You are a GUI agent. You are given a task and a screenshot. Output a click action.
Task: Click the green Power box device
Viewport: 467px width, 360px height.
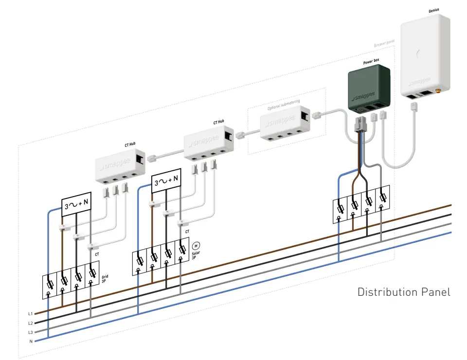[x=369, y=88]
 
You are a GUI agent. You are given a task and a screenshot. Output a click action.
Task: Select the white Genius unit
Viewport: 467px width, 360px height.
[x=425, y=54]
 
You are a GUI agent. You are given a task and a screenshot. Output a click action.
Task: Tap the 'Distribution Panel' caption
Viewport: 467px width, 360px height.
[x=404, y=292]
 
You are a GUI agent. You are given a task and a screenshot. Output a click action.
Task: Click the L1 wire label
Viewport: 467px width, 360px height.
[x=30, y=314]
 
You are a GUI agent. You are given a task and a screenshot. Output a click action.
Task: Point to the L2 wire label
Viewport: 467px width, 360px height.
[x=30, y=323]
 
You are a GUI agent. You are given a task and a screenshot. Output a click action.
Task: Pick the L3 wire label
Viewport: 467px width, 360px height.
[x=30, y=332]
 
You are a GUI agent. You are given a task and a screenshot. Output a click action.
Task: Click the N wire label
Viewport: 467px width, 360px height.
[x=31, y=341]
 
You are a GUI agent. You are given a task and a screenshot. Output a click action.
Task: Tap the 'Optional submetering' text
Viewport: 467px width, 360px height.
[x=284, y=102]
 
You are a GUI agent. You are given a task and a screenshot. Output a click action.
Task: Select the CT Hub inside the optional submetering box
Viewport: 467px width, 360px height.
[x=284, y=125]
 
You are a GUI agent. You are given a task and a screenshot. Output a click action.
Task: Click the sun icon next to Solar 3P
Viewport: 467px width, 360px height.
[x=196, y=246]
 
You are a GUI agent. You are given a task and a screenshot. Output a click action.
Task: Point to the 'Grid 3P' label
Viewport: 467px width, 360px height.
[x=105, y=279]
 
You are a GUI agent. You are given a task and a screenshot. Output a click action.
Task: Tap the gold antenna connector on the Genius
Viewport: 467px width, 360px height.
[x=437, y=90]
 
